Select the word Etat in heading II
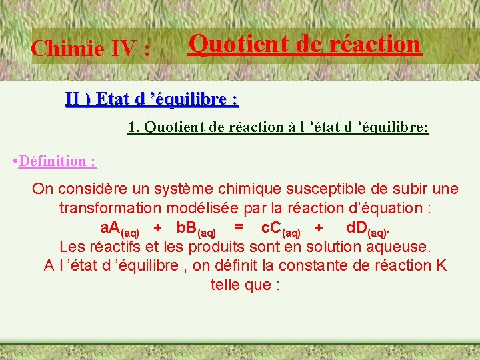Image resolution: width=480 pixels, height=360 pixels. [x=113, y=99]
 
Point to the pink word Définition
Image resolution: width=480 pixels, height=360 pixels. [x=57, y=161]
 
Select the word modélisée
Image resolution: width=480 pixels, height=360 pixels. [x=224, y=208]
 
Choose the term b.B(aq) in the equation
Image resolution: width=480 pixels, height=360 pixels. [x=196, y=229]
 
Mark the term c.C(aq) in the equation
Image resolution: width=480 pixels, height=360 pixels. [x=281, y=229]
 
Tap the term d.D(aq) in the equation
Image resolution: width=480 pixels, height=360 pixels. [x=367, y=229]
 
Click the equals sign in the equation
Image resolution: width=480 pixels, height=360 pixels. [x=238, y=227]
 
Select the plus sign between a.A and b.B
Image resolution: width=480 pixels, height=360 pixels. [x=157, y=228]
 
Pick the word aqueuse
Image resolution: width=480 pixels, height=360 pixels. [x=397, y=246]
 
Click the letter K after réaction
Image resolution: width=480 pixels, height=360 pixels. [x=441, y=265]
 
